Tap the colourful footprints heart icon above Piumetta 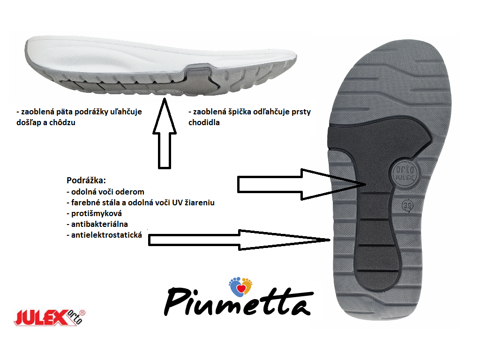coord(240,285)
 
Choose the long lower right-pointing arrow coord(239,240)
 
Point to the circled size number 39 coord(408,205)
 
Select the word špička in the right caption coord(242,112)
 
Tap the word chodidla coord(204,123)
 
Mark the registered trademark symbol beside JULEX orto coord(82,311)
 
